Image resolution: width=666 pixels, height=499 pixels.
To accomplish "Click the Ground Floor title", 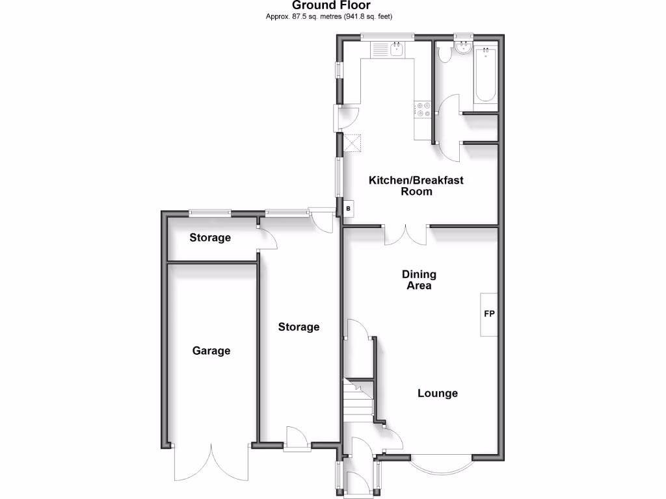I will point(331,6).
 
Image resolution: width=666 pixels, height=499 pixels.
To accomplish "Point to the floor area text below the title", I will point(331,16).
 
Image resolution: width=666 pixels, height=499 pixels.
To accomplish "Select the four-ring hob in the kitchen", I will point(423,109).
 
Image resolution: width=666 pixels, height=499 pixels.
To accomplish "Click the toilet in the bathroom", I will point(445,54).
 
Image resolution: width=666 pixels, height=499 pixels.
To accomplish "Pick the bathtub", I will point(485,76).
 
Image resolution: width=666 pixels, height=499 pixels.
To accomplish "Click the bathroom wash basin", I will point(464,47).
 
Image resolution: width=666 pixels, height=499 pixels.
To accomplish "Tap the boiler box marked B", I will point(349,209).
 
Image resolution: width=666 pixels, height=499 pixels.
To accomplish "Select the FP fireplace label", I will point(489,314).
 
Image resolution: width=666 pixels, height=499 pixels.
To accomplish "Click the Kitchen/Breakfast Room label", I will point(416,186).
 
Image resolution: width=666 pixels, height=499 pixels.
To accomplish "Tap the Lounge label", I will point(437,393).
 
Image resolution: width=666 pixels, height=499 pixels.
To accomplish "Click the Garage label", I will point(211,351).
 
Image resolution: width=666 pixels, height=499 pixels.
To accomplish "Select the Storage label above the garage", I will point(210,238).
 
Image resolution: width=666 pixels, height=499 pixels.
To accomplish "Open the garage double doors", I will point(211,463).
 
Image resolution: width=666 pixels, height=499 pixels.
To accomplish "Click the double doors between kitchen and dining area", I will point(406,235).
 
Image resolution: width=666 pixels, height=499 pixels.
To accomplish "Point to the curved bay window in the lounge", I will point(441,463).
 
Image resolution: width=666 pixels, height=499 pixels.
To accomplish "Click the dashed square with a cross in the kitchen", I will point(353,142).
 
